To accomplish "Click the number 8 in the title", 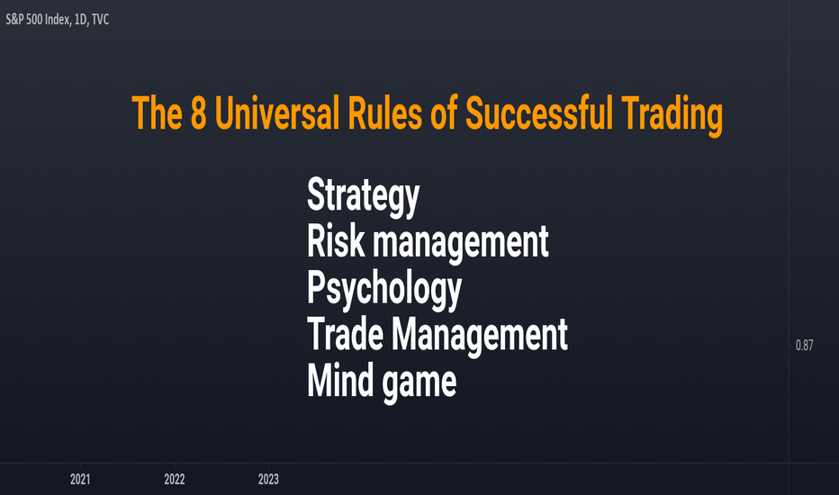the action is [199, 112].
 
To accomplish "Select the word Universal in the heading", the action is [276, 112].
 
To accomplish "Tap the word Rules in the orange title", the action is [384, 112].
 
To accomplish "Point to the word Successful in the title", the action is [539, 112].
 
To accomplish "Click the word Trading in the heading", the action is [672, 116].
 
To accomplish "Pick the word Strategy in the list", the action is [364, 196].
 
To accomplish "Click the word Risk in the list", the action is [336, 241].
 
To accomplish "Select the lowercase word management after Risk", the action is [461, 244].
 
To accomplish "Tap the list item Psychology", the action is [384, 290].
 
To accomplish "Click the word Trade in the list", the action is [345, 334].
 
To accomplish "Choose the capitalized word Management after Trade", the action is [480, 337].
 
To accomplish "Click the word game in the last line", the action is [419, 383].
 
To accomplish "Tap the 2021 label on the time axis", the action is [80, 479].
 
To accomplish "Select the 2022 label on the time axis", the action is [175, 479].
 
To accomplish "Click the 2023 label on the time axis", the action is [268, 479].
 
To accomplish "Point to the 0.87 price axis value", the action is [804, 346].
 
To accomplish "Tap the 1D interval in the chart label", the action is [80, 20].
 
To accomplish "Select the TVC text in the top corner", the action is [100, 20].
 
